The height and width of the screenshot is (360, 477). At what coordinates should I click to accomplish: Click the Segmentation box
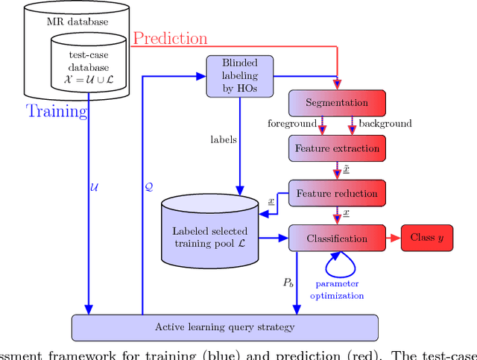(x=338, y=103)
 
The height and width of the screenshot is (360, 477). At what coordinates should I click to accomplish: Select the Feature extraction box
(x=338, y=148)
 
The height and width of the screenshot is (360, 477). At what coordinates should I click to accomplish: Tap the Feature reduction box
(x=338, y=193)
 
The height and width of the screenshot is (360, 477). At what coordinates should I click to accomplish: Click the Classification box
(x=338, y=239)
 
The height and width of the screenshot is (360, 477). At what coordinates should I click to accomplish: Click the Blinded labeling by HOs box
(x=239, y=75)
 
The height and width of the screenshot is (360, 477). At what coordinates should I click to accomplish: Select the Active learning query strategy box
(x=224, y=327)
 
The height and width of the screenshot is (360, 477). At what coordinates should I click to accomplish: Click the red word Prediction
(x=170, y=37)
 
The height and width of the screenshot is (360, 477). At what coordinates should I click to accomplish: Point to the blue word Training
(x=57, y=112)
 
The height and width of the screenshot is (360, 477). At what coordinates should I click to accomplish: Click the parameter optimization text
(x=337, y=290)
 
